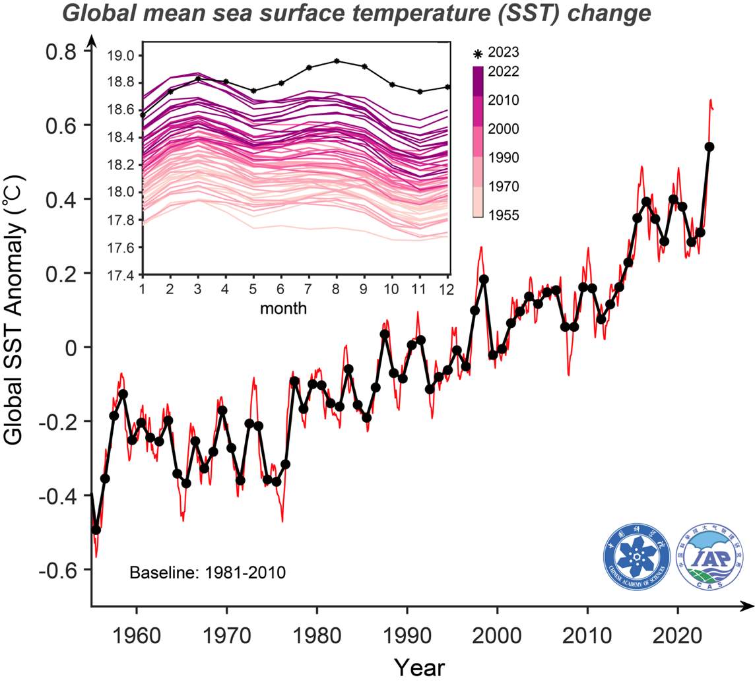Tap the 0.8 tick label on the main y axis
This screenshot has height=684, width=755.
(x=62, y=51)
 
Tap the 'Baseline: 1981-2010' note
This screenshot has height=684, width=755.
(x=207, y=572)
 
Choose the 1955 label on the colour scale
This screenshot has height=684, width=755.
(x=504, y=215)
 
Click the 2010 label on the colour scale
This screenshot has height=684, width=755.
(x=504, y=100)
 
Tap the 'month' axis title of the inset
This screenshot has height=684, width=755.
(x=283, y=307)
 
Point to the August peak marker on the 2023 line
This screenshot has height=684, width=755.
(x=337, y=61)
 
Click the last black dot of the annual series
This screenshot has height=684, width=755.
(x=710, y=146)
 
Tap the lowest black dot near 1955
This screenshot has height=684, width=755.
(x=96, y=530)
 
